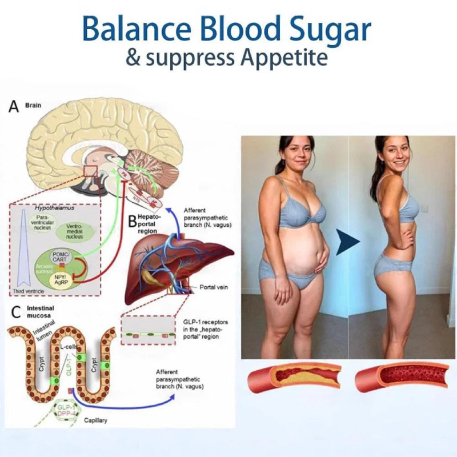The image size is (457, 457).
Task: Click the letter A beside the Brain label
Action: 13,107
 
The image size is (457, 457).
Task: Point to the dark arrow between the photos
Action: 348,242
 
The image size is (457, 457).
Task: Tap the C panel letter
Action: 13,312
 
